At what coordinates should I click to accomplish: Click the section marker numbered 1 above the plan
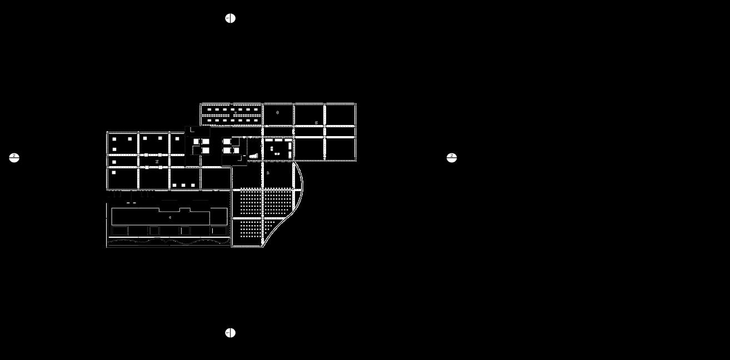tap(230, 18)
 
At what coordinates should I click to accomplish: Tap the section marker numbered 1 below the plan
tap(230, 333)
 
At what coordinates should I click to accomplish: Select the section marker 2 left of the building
tap(14, 158)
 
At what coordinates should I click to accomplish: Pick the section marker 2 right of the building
tap(452, 158)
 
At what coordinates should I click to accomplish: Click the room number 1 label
tap(170, 218)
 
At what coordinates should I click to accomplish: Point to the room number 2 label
tap(157, 162)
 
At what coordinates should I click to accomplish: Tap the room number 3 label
tap(268, 173)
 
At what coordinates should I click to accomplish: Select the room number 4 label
tap(261, 146)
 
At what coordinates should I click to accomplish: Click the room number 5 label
tap(316, 123)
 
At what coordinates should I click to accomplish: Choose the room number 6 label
tap(277, 113)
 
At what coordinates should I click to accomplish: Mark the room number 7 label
tap(235, 113)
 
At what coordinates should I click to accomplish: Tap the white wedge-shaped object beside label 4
tap(253, 157)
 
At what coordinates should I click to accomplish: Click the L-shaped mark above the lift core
tap(192, 130)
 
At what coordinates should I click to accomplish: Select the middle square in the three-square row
tap(183, 185)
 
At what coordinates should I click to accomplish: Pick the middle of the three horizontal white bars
tap(278, 140)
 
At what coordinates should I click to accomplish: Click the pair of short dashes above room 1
tap(131, 203)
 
